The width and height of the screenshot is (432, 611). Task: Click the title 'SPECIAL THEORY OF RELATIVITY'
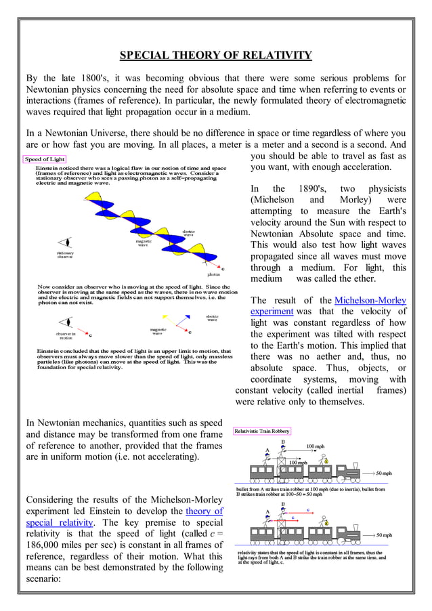coord(215,55)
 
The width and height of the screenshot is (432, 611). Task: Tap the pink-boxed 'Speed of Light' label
coord(45,159)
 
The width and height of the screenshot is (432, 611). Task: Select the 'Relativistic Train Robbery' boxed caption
coord(262,431)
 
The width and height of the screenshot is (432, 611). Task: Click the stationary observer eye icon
coord(65,243)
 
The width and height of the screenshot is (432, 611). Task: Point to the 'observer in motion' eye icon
coord(65,322)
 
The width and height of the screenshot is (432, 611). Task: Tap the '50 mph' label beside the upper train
coord(383,473)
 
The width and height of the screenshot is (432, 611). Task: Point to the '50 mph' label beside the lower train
coord(383,535)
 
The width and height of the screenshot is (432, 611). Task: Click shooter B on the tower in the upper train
coord(282,450)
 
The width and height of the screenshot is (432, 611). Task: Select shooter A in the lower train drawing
coord(267,518)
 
